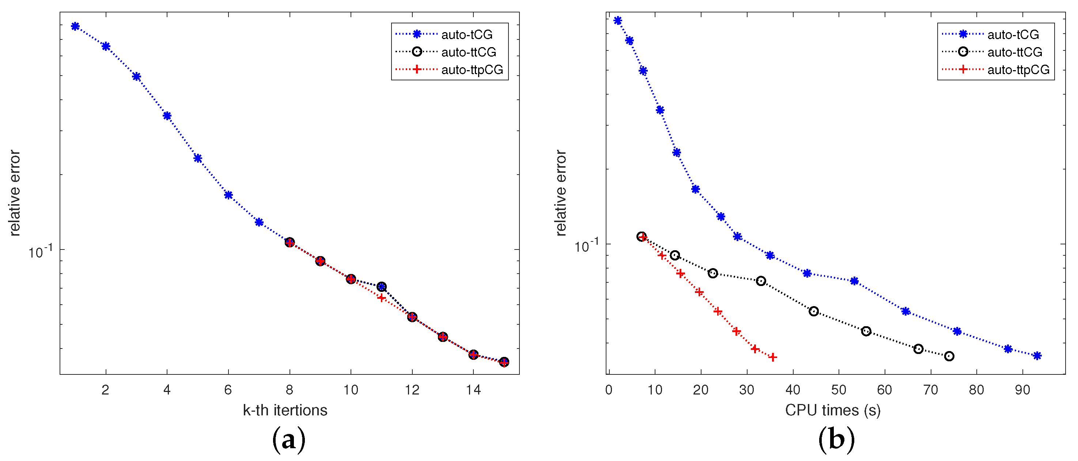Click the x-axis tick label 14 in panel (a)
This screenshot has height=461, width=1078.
tap(473, 390)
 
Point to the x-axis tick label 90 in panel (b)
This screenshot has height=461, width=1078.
tap(1022, 390)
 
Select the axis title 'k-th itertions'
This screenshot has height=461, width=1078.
tap(285, 410)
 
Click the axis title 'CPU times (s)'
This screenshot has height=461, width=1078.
tap(833, 410)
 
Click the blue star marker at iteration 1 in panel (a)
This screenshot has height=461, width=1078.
tap(75, 26)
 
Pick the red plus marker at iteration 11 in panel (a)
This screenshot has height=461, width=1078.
tap(381, 297)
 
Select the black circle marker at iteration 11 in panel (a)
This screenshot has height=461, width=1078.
tap(381, 286)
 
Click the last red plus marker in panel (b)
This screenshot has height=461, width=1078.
tap(773, 357)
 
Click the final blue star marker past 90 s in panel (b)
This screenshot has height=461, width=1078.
tap(1037, 355)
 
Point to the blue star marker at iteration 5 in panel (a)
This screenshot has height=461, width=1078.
tap(198, 158)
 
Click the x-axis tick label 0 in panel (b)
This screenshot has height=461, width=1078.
tap(609, 390)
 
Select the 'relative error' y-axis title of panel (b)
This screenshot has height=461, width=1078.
tap(561, 193)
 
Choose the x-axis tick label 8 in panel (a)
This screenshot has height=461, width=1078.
tap(290, 390)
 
